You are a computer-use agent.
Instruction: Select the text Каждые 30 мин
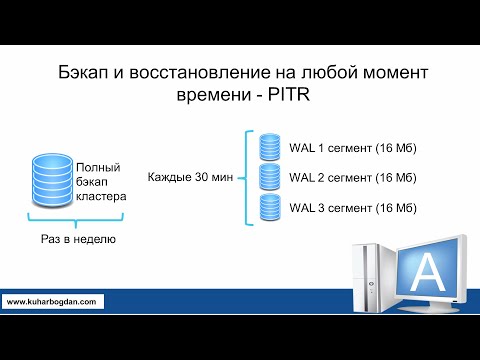click(190, 177)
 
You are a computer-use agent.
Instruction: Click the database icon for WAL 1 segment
click(268, 147)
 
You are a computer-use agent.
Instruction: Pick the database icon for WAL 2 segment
click(268, 177)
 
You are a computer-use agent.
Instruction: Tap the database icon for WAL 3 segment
click(268, 207)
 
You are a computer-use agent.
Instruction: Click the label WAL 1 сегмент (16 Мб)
click(352, 148)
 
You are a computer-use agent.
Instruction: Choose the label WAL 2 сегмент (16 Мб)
click(352, 178)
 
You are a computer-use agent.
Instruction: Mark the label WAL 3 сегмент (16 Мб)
click(352, 208)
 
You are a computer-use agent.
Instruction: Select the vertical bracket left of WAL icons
click(246, 177)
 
